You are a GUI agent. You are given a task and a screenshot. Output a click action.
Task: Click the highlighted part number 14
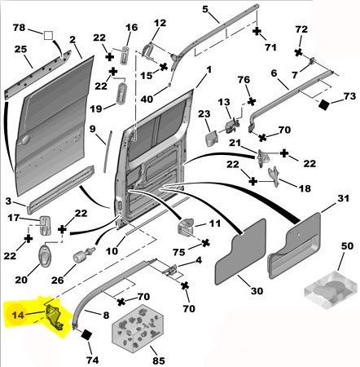pos(18,315)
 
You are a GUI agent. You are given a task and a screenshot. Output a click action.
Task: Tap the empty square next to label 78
pos(48,36)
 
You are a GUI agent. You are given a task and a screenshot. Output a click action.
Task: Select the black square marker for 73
pos(324,105)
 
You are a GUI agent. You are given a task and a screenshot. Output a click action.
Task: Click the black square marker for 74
pos(86,335)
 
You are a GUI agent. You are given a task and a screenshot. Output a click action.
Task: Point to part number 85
pos(159,360)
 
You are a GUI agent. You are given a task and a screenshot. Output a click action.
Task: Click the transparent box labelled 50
pos(331,290)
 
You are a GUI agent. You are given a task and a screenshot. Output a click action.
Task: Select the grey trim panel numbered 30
pos(240,252)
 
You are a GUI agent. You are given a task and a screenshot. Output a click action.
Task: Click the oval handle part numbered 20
pos(44,254)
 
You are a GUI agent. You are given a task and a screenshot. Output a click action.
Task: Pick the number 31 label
pos(343,198)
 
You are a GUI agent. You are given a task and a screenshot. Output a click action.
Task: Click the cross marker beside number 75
pos(206,242)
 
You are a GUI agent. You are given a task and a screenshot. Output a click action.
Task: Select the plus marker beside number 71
pos(257,31)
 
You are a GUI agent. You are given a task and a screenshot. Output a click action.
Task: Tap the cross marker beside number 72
pos(298,52)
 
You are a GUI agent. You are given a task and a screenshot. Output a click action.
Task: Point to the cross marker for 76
pos(252,102)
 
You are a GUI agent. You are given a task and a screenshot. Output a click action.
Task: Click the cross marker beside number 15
pos(164,67)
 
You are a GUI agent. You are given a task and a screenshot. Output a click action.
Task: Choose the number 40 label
pos(147,99)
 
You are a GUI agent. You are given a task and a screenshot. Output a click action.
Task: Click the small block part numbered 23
pos(212,139)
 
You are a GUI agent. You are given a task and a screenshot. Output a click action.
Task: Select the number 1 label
pos(209,70)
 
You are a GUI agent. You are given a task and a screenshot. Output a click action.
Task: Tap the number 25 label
pos(20,49)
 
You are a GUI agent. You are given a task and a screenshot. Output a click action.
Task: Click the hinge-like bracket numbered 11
pos(185,226)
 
